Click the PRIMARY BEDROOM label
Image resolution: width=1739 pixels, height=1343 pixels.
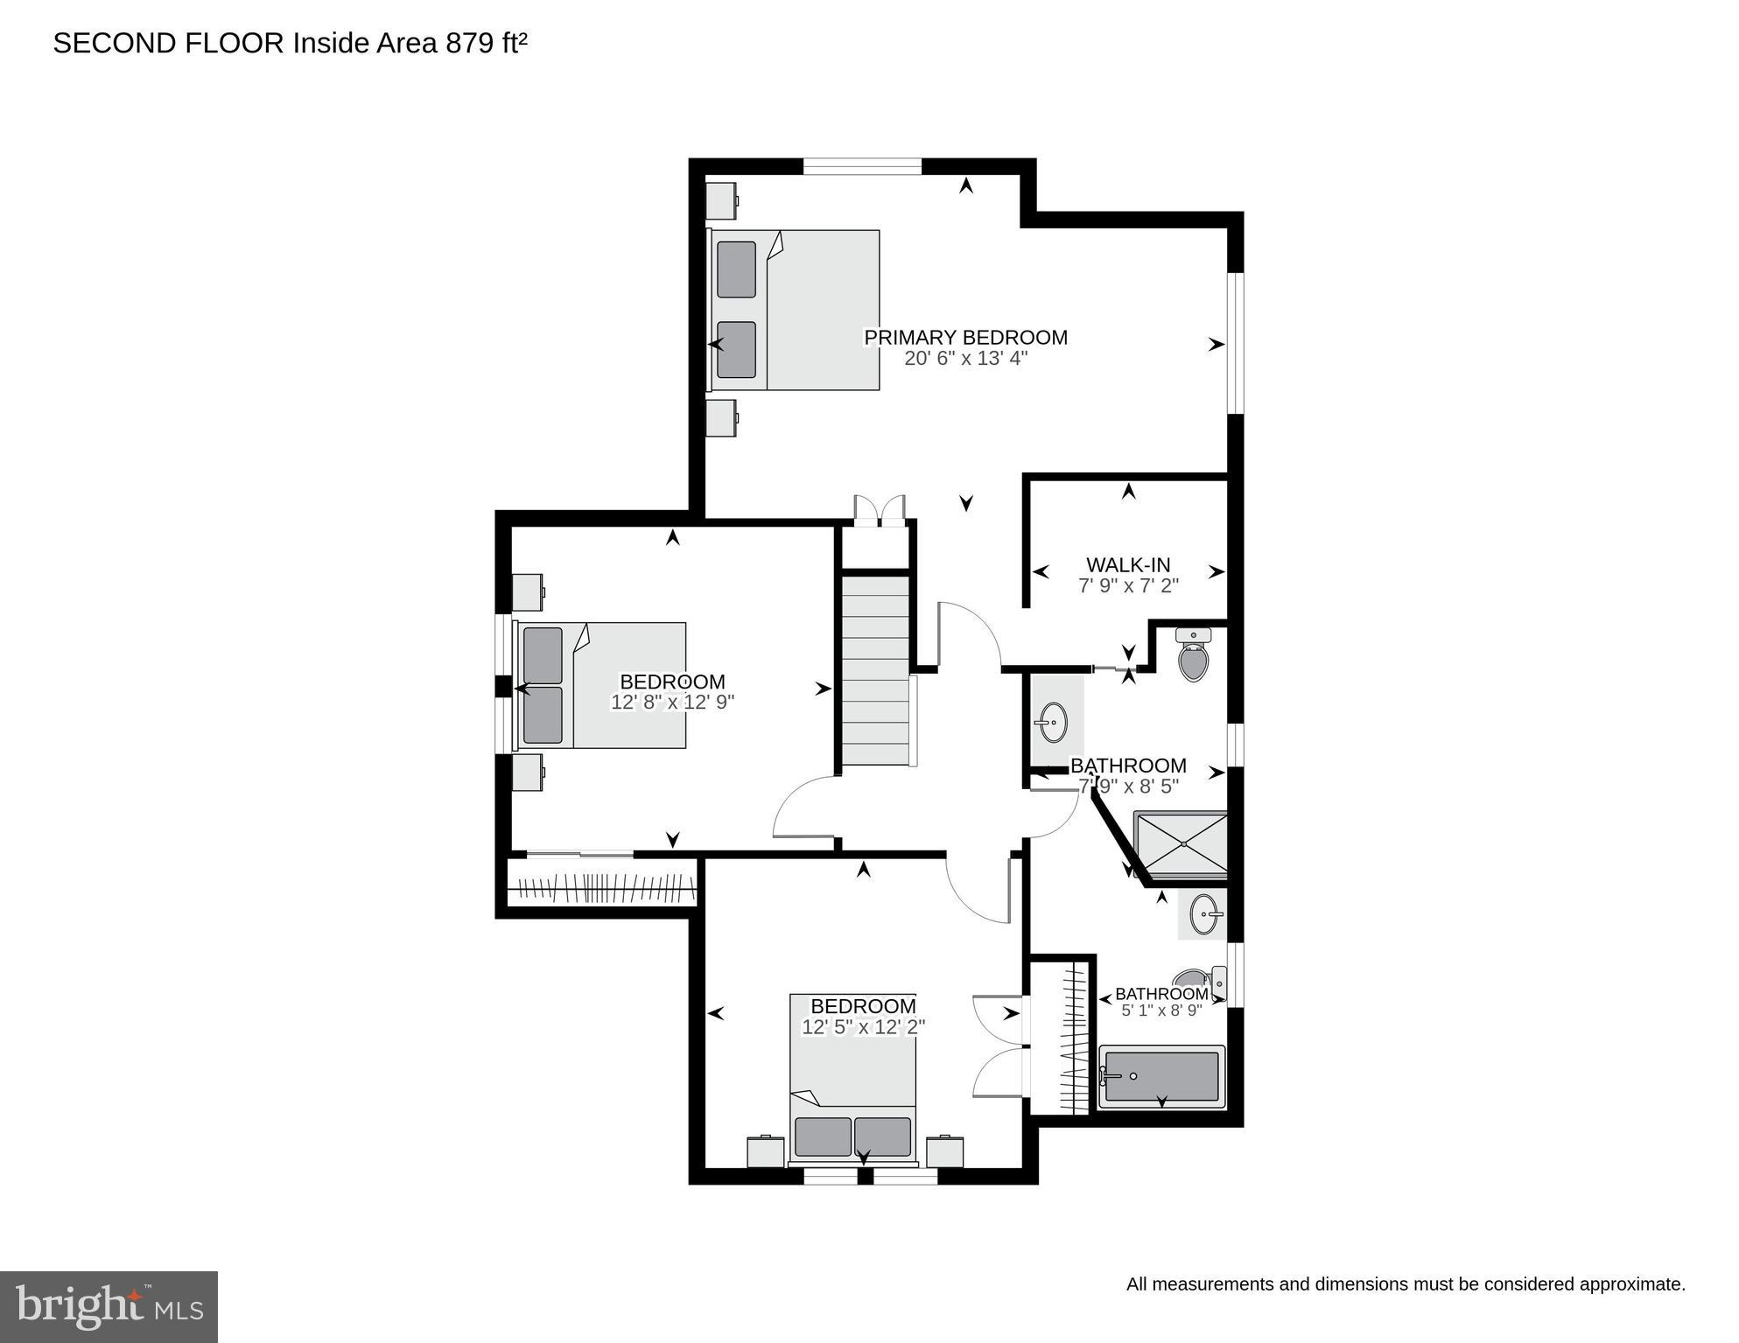click(965, 338)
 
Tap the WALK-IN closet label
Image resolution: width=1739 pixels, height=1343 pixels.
click(1128, 565)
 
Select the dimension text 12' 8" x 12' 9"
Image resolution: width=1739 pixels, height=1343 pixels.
click(672, 702)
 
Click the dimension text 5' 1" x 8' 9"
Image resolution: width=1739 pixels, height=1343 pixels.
click(1161, 1011)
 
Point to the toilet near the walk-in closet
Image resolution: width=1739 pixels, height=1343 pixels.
click(1193, 656)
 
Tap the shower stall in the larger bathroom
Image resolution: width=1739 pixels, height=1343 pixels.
click(1182, 844)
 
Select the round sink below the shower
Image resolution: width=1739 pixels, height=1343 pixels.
click(1204, 913)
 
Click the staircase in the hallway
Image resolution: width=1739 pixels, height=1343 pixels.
click(876, 669)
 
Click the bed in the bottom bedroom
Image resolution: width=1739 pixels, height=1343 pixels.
click(852, 1081)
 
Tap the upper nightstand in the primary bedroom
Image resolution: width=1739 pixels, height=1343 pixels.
click(721, 201)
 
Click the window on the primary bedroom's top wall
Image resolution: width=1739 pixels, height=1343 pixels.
click(862, 166)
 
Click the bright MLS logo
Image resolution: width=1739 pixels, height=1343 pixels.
click(109, 1307)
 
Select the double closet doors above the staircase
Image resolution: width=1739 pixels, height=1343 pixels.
click(879, 511)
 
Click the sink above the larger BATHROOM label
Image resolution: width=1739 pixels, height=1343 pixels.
click(1053, 723)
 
